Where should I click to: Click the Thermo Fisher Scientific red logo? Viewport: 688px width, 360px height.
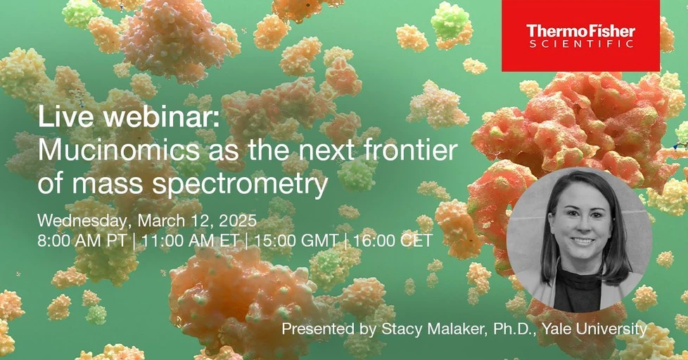coord(580,36)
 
